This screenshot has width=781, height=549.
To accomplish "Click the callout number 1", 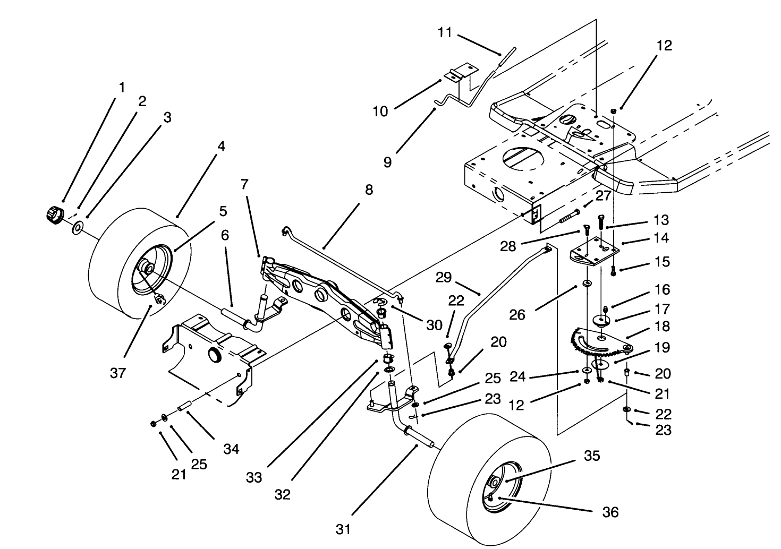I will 122,87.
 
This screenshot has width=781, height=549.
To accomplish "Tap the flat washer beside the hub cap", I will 78,228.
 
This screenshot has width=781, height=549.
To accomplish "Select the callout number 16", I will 662,290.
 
